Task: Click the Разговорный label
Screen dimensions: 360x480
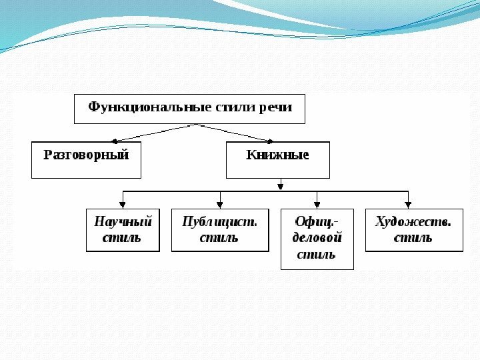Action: [x=86, y=155]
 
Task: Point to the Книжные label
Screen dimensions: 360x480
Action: [x=278, y=155]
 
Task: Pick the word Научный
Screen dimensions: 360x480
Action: [x=123, y=221]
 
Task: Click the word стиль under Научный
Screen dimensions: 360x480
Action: [x=121, y=237]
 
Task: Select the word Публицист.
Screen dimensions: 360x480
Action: [x=220, y=221]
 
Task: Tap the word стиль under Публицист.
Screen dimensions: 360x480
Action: [x=219, y=237]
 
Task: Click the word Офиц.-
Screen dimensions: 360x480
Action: [x=317, y=221]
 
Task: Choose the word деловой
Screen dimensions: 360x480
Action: [x=317, y=237]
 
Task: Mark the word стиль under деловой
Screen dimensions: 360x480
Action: [x=317, y=254]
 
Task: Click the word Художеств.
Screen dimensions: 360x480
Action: [x=414, y=221]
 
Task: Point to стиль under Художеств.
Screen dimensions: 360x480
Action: [x=413, y=237]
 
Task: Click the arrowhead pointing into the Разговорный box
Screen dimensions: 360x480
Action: [x=115, y=141]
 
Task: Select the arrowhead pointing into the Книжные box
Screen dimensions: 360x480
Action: [x=270, y=141]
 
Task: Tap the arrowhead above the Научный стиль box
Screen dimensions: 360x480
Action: [x=123, y=204]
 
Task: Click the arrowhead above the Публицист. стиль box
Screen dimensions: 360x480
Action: [x=220, y=204]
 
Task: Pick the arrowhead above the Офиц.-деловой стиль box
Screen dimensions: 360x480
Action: [x=317, y=204]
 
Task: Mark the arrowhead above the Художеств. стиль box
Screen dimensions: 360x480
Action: [x=408, y=204]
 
